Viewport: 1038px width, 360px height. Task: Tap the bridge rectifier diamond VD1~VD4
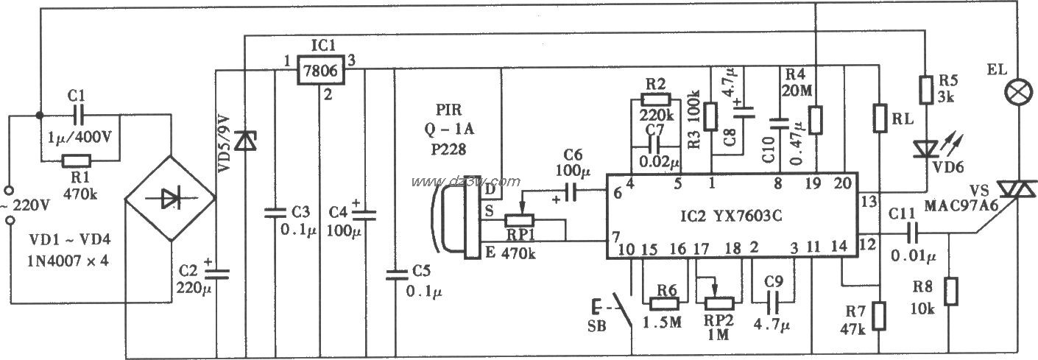click(170, 198)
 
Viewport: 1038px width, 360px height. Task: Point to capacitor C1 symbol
click(78, 116)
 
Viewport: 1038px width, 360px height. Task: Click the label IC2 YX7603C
click(732, 218)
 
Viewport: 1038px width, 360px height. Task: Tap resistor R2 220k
click(657, 100)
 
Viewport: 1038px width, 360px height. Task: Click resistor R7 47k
click(880, 316)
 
